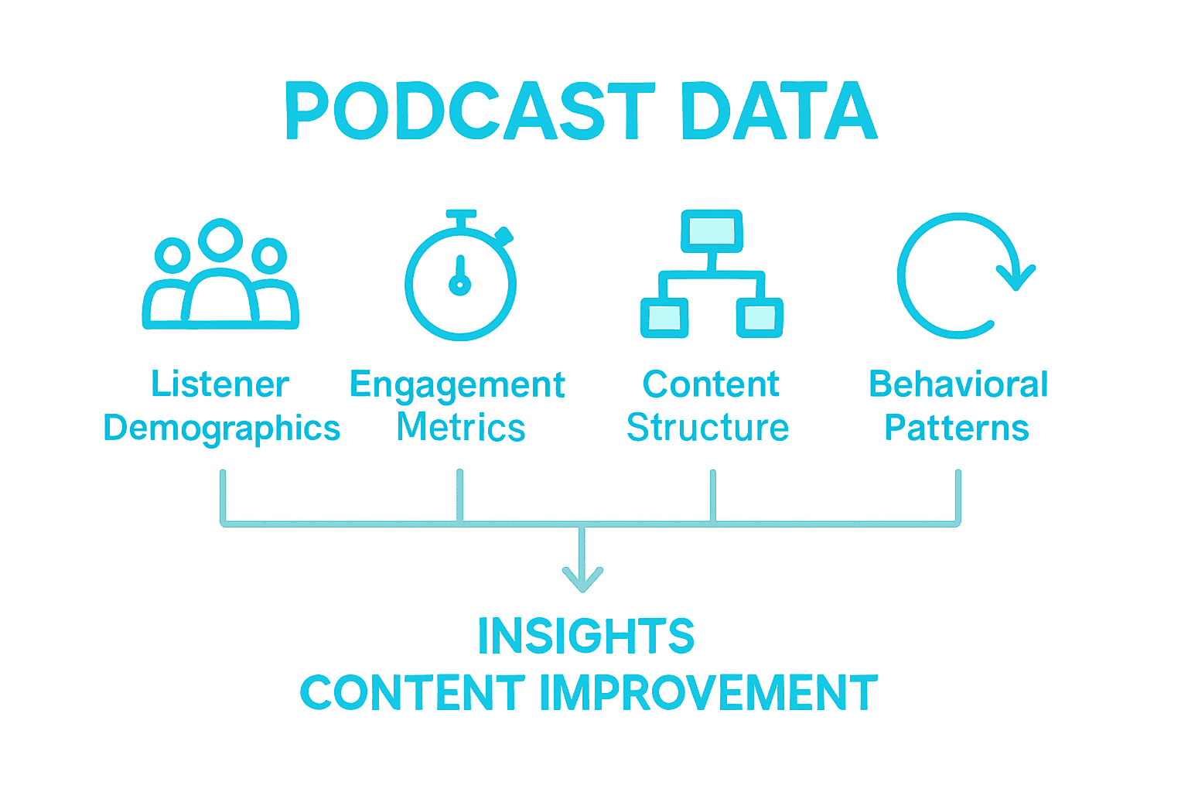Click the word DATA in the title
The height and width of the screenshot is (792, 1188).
point(780,111)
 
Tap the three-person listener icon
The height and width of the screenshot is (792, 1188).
point(220,274)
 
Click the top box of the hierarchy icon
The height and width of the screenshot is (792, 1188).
point(712,231)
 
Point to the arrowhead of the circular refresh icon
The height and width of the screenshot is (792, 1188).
point(1016,277)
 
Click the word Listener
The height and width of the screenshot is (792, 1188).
point(220,384)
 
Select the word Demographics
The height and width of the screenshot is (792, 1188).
point(222,428)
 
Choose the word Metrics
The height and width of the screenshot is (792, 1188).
point(461,427)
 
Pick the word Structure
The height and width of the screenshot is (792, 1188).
point(708,427)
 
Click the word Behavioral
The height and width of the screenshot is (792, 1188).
point(958,384)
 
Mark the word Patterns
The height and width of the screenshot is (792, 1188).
point(957,427)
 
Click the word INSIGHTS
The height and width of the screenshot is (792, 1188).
point(586,636)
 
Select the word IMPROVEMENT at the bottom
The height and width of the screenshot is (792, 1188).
point(708,692)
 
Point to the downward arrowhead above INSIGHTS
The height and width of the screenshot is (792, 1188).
point(582,580)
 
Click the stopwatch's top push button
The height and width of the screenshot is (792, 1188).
point(461,214)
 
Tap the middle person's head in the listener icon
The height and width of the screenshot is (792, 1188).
point(220,240)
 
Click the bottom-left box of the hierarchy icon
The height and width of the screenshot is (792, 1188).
point(664,318)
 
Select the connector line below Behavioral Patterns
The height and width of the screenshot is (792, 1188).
point(958,497)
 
